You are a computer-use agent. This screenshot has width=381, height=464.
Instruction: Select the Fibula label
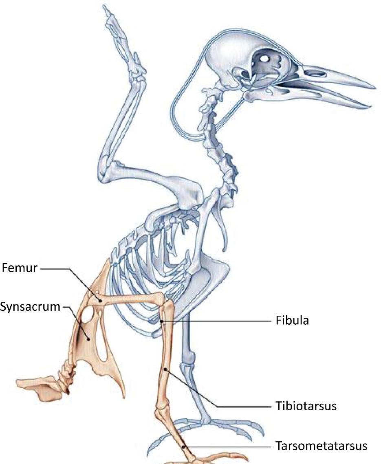tap(290, 321)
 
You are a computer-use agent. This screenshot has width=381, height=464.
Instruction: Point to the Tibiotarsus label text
tap(304, 406)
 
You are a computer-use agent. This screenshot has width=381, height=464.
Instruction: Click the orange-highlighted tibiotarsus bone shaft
tap(165, 358)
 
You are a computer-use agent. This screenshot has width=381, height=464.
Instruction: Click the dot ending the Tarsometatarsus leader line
tap(184, 446)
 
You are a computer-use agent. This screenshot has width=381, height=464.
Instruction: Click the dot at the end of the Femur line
tap(101, 300)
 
